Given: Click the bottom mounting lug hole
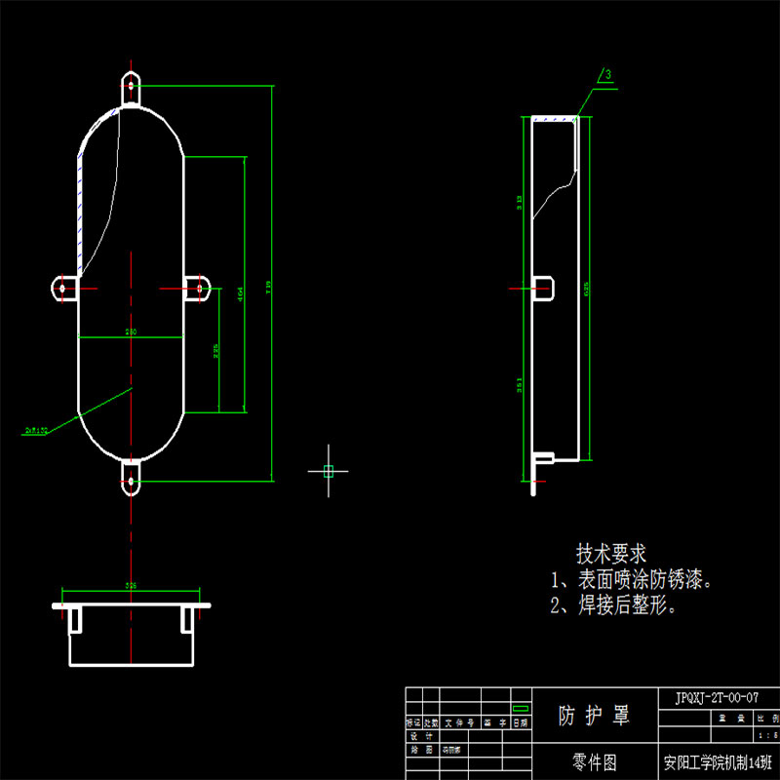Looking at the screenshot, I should pyautogui.click(x=131, y=480).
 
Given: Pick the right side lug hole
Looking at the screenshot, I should pyautogui.click(x=198, y=288).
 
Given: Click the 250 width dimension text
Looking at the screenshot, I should pyautogui.click(x=130, y=332).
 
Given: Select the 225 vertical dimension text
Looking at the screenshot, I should pyautogui.click(x=215, y=351).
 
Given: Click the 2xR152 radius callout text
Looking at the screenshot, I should pyautogui.click(x=37, y=429).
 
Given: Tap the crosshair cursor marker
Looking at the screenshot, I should pyautogui.click(x=329, y=471).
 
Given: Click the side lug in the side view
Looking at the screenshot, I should pyautogui.click(x=545, y=289).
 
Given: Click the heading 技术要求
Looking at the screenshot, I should pyautogui.click(x=610, y=554).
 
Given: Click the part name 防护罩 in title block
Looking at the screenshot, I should pyautogui.click(x=593, y=717).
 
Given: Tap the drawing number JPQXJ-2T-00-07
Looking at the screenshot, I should pyautogui.click(x=715, y=698).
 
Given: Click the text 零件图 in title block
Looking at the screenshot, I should pyautogui.click(x=593, y=760).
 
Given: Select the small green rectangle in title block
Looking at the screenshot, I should pyautogui.click(x=521, y=707).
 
